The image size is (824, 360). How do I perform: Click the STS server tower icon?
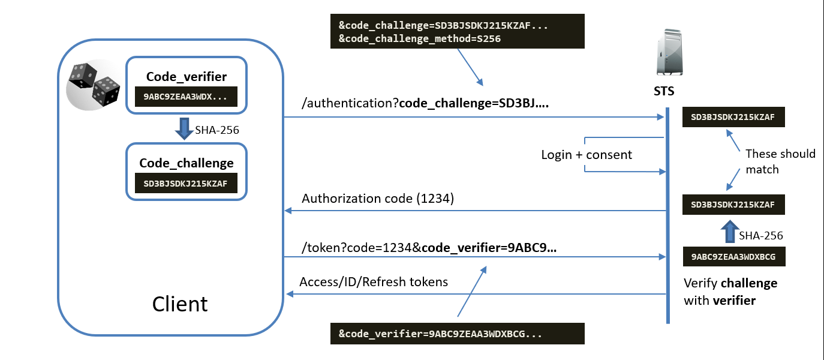click(x=669, y=52)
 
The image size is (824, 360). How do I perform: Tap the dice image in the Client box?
click(x=94, y=85)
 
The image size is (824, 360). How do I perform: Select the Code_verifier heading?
click(x=186, y=77)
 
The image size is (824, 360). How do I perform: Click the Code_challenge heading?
click(x=186, y=163)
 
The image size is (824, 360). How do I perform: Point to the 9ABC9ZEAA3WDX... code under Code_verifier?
click(x=186, y=97)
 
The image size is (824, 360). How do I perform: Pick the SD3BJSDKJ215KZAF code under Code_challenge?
click(x=186, y=184)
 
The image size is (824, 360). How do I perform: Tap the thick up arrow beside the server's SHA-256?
click(x=730, y=231)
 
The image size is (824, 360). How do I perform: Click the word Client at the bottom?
click(x=180, y=304)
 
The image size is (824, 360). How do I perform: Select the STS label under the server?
click(x=664, y=91)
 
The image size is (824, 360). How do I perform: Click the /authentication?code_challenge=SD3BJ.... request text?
click(x=425, y=103)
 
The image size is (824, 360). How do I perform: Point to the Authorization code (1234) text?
click(x=378, y=199)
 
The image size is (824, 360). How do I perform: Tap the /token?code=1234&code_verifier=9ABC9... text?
click(x=429, y=248)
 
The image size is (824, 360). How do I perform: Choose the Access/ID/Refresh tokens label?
click(x=374, y=282)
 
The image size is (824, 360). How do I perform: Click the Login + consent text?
click(x=587, y=155)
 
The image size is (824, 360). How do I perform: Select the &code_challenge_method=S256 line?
click(x=420, y=38)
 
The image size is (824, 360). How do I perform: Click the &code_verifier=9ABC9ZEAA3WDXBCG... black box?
click(x=457, y=334)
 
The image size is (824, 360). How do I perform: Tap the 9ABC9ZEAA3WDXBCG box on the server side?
click(x=734, y=257)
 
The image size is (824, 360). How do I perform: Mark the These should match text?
click(x=780, y=161)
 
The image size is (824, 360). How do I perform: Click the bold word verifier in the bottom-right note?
click(x=734, y=301)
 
